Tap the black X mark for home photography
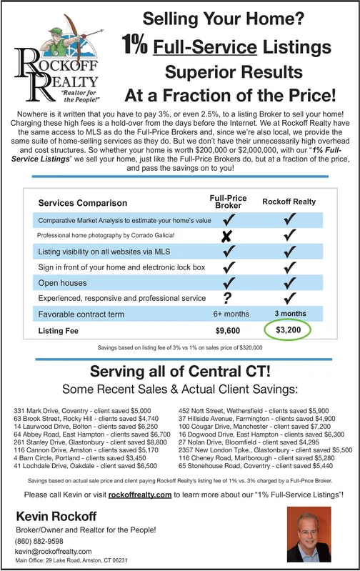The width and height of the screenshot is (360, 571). click(227, 236)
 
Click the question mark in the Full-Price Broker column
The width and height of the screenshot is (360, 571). click(227, 297)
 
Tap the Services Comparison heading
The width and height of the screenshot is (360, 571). click(83, 204)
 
